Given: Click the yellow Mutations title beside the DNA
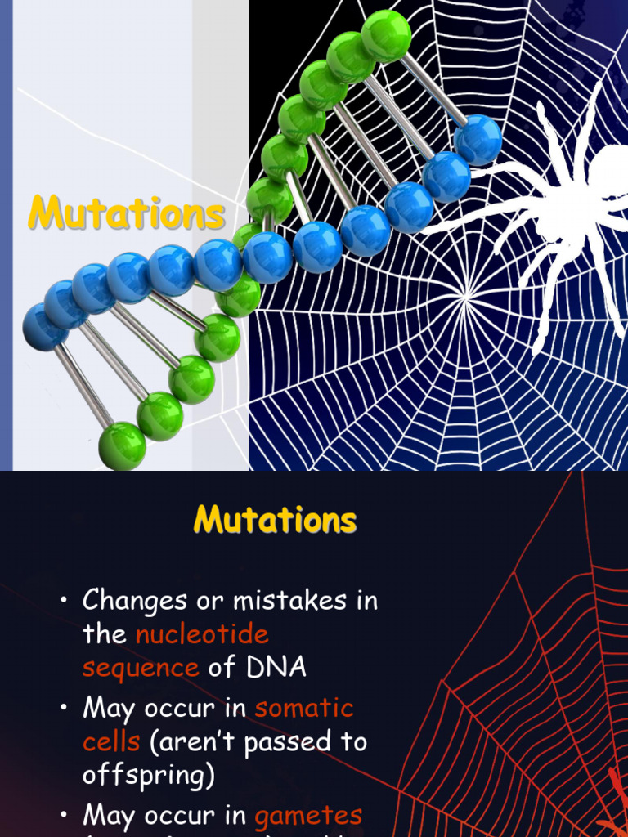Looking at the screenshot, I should point(126,214).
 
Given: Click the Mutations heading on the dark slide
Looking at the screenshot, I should point(275,520).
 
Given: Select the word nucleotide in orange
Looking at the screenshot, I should point(202,634).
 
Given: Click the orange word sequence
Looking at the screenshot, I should point(141,668).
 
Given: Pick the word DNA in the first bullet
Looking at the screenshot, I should point(276,668).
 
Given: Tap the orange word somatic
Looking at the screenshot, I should point(304,708).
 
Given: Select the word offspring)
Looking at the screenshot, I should point(148,775).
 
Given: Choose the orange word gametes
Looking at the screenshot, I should point(308,815).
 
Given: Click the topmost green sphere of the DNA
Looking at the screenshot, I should point(386,34).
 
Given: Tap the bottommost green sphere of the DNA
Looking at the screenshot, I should point(122,446).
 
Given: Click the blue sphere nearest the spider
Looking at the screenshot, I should point(478,139).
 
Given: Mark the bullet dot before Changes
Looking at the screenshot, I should point(63,602).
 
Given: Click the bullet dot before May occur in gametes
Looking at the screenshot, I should point(63,815).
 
